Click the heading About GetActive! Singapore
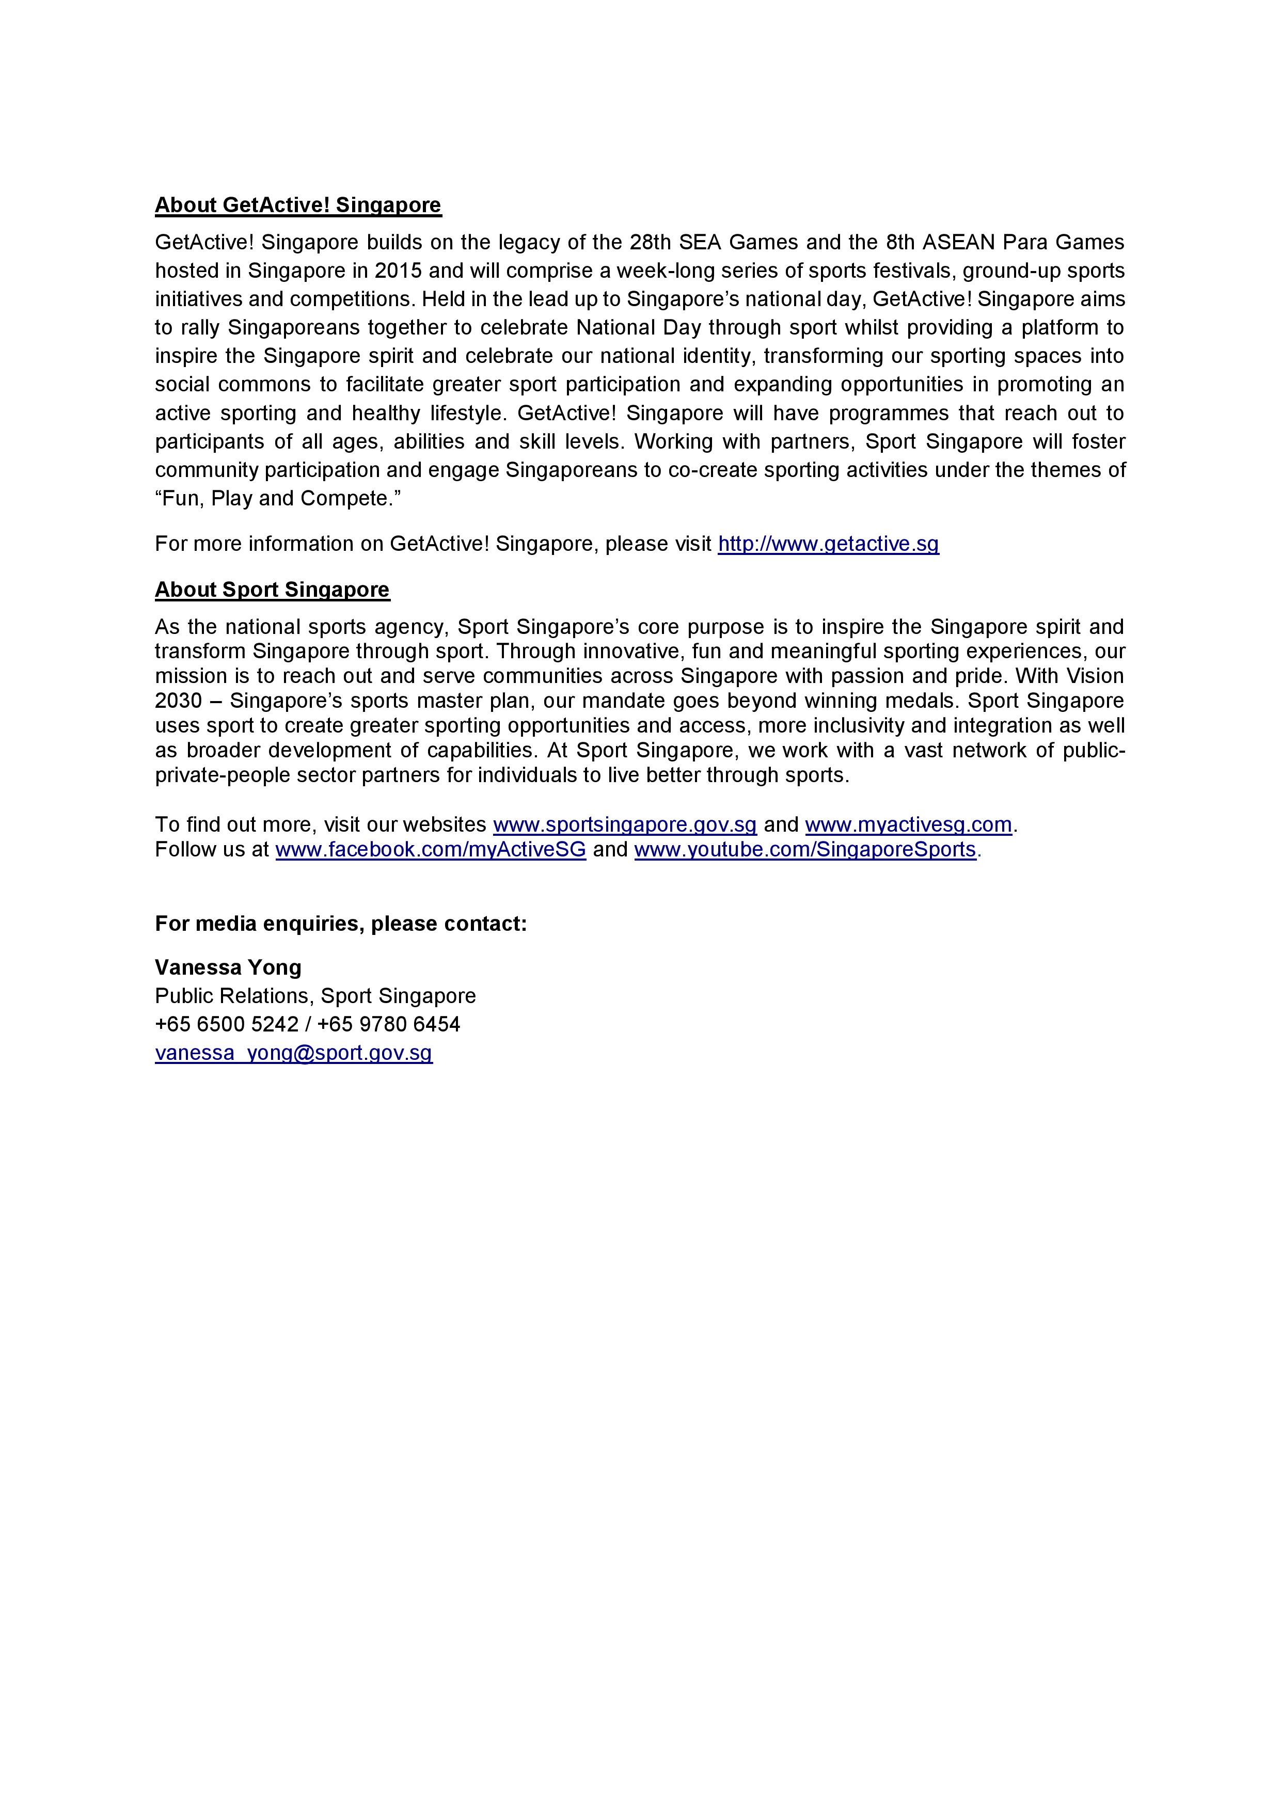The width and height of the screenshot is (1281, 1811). tap(297, 205)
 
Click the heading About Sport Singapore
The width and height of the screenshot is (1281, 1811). tap(272, 590)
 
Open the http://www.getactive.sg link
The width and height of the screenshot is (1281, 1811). tap(828, 544)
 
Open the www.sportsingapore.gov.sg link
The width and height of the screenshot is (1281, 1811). tap(625, 825)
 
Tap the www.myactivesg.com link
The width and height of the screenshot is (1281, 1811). tap(908, 825)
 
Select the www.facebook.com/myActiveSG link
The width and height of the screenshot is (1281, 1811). tap(431, 850)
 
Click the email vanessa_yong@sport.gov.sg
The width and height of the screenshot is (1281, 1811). tap(293, 1053)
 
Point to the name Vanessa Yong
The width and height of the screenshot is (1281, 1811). tap(228, 968)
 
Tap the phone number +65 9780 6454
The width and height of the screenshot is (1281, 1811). tap(389, 1025)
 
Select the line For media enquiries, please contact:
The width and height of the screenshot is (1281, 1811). tap(341, 924)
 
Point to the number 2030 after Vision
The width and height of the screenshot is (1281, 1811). tap(178, 701)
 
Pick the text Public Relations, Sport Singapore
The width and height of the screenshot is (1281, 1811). tap(315, 996)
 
